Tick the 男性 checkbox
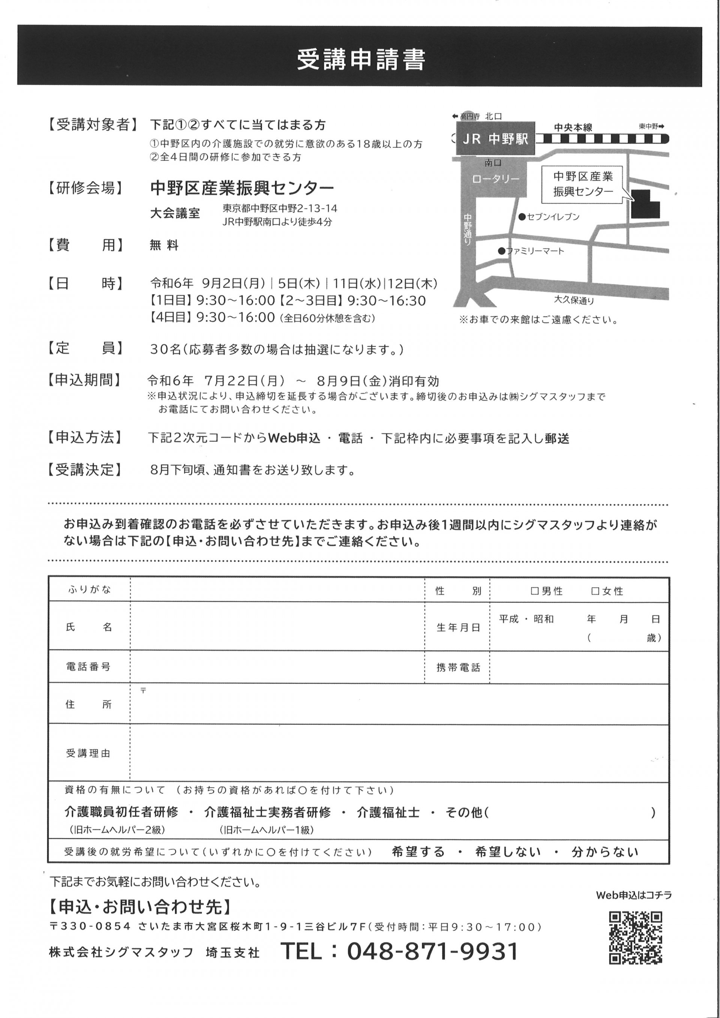pyautogui.click(x=535, y=591)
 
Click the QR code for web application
pyautogui.click(x=635, y=937)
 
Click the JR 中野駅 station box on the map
pyautogui.click(x=495, y=139)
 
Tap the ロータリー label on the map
pyautogui.click(x=496, y=179)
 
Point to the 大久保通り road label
pyautogui.click(x=574, y=300)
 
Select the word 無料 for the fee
pyautogui.click(x=164, y=246)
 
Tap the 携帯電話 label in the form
pyautogui.click(x=458, y=668)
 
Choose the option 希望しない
pyautogui.click(x=508, y=852)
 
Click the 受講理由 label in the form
pyautogui.click(x=88, y=753)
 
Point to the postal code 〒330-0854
pyautogui.click(x=90, y=926)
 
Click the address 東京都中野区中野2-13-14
pyautogui.click(x=280, y=208)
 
